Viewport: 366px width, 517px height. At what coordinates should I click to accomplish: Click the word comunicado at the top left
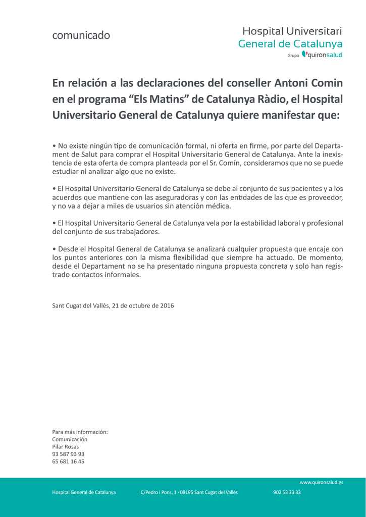point(81,35)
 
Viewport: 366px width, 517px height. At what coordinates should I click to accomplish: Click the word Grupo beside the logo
point(293,56)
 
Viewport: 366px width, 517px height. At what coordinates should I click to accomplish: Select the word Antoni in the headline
point(291,82)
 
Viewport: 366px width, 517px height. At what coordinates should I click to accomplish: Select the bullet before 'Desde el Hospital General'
point(54,249)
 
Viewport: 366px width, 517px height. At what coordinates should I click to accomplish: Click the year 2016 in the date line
point(167,305)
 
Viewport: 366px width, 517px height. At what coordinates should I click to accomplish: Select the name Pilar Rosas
point(66,446)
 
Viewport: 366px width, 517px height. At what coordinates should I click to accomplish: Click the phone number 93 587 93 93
point(68,454)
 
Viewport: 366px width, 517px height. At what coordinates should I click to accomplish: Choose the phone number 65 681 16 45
point(68,461)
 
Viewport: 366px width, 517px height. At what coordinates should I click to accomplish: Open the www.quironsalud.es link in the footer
point(321,483)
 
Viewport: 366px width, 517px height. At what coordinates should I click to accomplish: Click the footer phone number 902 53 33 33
point(287,492)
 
